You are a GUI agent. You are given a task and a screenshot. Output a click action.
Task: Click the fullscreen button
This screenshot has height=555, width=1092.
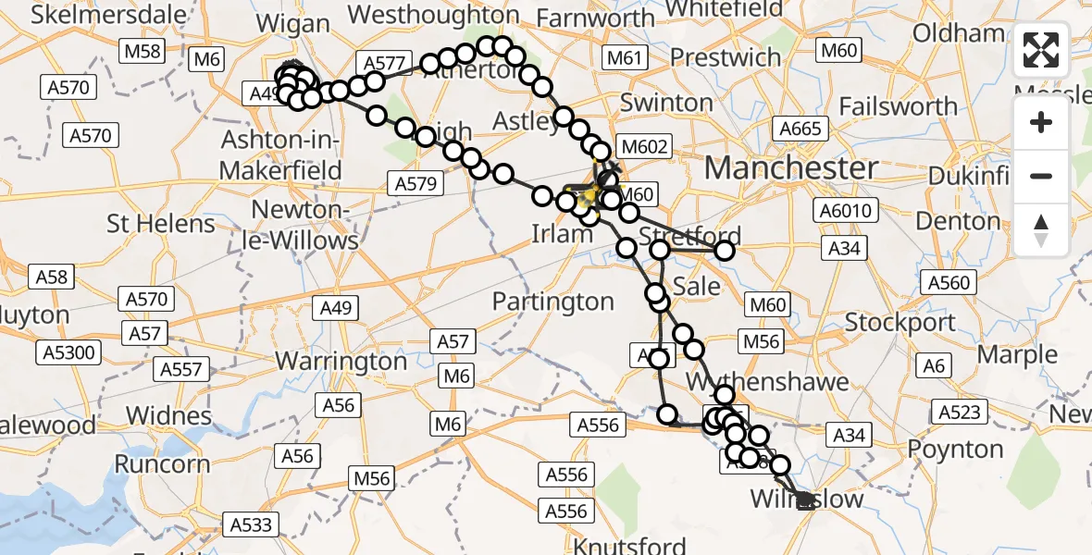pos(1041,50)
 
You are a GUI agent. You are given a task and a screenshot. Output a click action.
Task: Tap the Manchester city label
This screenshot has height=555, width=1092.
pos(791,168)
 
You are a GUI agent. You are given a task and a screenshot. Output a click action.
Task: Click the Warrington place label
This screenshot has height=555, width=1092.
pos(341,360)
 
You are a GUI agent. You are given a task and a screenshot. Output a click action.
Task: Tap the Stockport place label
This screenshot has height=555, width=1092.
pos(900,323)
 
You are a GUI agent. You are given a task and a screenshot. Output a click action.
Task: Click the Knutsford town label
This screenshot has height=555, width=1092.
pos(630,545)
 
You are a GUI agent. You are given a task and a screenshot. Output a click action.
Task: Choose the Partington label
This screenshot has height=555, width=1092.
pos(552,302)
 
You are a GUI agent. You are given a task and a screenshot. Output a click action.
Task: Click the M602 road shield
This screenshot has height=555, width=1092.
pos(642,146)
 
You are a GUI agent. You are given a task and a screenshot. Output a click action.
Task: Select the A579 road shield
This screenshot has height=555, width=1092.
pos(415,183)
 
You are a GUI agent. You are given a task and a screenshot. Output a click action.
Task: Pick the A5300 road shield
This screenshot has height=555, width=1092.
pos(68,352)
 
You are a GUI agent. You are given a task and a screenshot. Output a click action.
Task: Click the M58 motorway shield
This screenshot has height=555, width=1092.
pos(143,51)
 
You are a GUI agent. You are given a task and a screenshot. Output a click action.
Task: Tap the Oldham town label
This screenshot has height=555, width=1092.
pos(958,34)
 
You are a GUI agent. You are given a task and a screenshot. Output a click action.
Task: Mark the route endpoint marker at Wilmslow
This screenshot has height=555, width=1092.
pos(805,500)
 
